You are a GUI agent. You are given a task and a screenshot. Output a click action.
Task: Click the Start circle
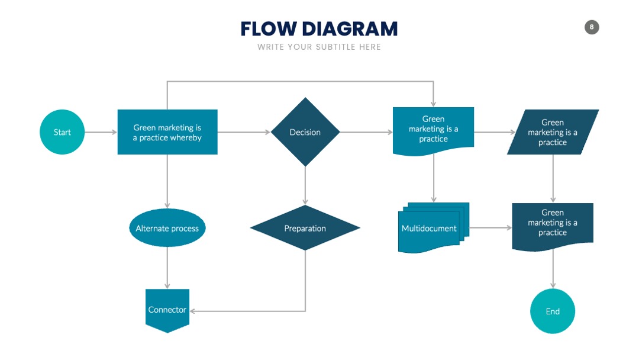tap(62, 132)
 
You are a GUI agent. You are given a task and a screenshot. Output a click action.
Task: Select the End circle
tap(553, 311)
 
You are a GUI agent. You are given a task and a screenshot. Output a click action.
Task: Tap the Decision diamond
tap(305, 132)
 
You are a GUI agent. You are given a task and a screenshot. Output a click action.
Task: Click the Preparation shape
tap(305, 228)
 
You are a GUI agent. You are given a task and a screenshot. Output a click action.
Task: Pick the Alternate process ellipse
tap(167, 228)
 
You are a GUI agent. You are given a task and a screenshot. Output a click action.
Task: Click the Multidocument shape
tap(433, 228)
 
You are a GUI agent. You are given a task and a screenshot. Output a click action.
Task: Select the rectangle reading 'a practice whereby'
tap(167, 132)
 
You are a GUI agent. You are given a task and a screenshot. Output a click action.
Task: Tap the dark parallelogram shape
tap(553, 132)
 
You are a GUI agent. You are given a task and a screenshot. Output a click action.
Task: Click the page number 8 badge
tap(592, 27)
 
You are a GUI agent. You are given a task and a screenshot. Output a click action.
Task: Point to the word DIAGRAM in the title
tap(350, 29)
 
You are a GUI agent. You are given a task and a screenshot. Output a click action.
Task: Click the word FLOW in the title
tap(269, 29)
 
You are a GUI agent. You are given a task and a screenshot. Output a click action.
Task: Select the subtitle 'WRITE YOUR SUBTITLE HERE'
tap(319, 47)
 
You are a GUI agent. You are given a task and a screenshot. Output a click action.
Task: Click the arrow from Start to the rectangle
tap(101, 132)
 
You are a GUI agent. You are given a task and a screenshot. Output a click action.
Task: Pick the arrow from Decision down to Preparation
tap(305, 185)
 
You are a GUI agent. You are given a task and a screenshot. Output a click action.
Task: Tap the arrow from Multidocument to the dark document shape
tap(490, 228)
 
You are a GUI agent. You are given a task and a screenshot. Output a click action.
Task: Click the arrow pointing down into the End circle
tap(553, 269)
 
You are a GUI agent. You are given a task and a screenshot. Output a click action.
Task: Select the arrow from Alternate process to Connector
tap(167, 268)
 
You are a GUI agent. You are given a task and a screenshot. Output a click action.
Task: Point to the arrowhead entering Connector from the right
tap(192, 311)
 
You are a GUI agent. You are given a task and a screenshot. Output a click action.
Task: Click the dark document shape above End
tap(553, 227)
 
